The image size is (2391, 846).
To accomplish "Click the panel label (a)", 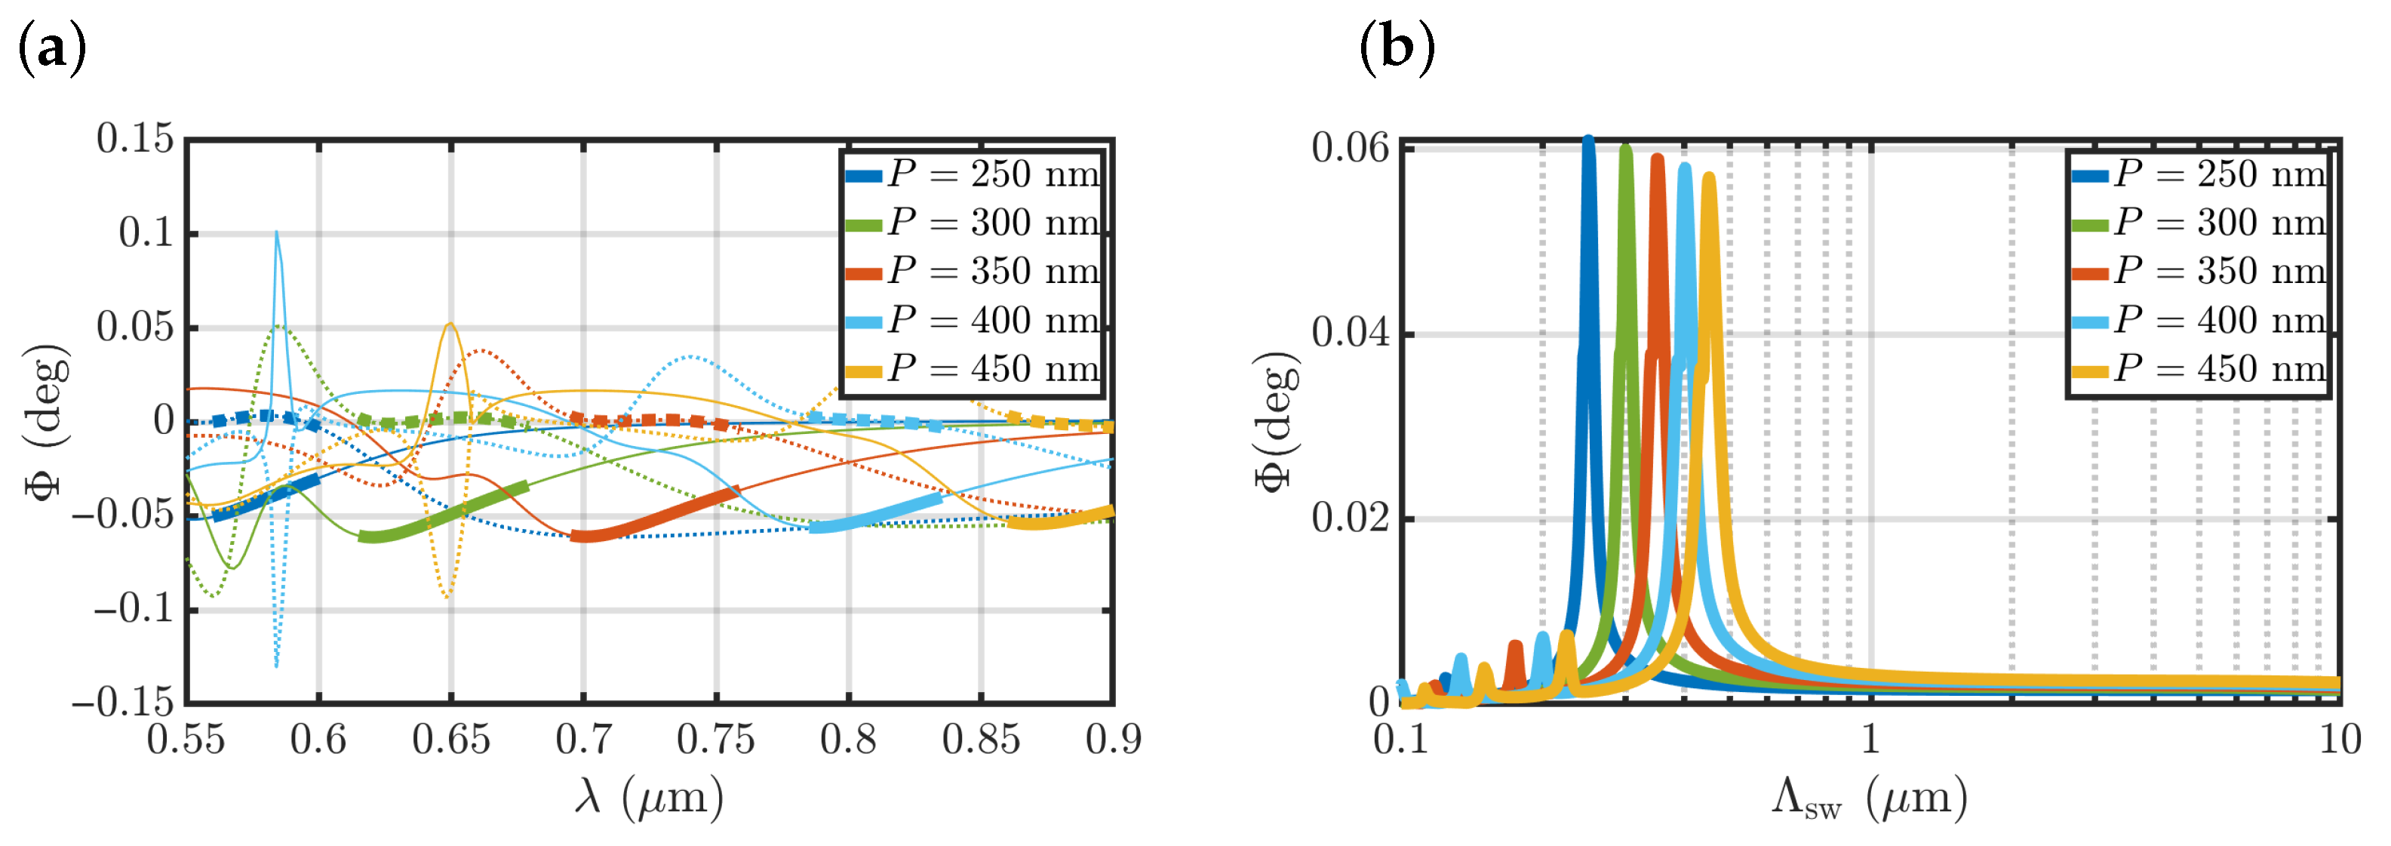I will pos(52,48).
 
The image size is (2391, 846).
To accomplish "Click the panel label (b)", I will pos(1397,48).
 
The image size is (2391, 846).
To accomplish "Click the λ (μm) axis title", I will pos(649,797).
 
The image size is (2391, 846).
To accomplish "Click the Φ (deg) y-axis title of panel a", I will pos(47,423).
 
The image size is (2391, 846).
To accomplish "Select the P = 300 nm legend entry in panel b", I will pos(2200,223).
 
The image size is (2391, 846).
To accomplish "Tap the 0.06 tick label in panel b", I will pos(1350,149).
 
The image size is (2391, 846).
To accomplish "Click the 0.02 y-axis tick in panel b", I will pos(1350,518).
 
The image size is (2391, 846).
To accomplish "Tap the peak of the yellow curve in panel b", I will pos(1709,177).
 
